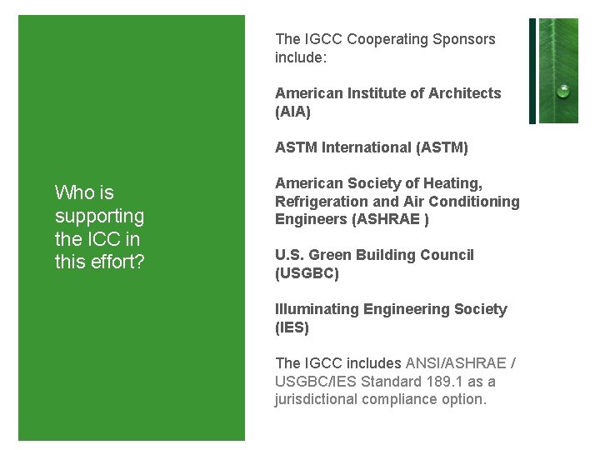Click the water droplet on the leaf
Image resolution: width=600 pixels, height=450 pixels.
pyautogui.click(x=564, y=91)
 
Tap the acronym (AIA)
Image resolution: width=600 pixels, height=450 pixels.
pyautogui.click(x=292, y=112)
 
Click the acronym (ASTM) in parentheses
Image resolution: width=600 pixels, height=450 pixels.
pyautogui.click(x=442, y=147)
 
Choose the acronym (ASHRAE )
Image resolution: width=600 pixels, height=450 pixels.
pyautogui.click(x=392, y=220)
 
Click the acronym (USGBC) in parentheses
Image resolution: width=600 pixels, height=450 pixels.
pyautogui.click(x=307, y=273)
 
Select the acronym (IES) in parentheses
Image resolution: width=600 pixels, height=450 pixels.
pyautogui.click(x=292, y=327)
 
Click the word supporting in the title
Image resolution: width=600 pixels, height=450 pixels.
pyautogui.click(x=99, y=217)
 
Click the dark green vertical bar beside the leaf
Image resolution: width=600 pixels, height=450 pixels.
pyautogui.click(x=532, y=71)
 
